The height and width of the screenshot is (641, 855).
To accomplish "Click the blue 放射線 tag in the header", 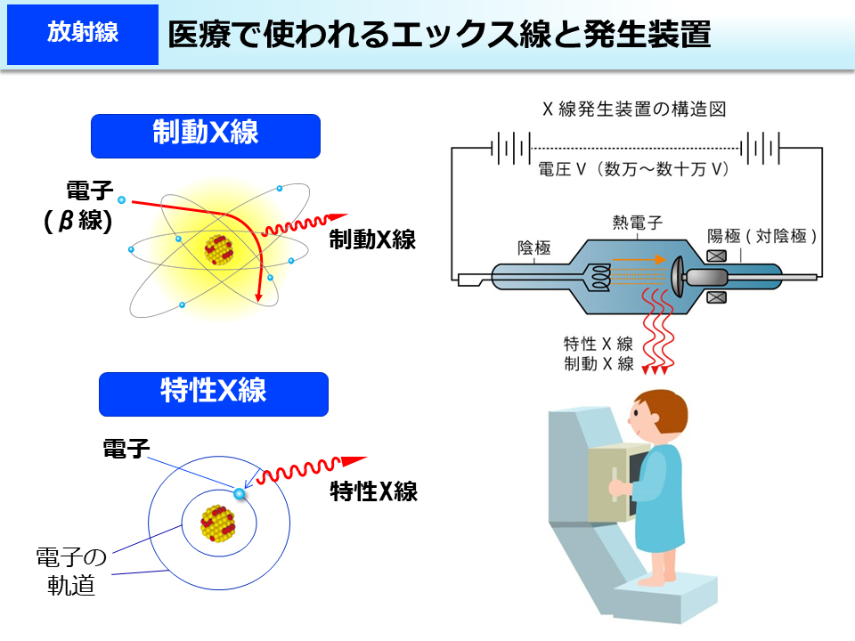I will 82,35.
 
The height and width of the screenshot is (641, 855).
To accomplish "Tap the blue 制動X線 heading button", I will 205,135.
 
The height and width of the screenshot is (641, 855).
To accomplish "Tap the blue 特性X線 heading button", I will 214,394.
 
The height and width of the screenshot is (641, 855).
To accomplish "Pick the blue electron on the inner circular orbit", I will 239,492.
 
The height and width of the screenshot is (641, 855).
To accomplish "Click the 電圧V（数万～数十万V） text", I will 634,168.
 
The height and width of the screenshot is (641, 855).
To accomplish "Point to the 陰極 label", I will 533,247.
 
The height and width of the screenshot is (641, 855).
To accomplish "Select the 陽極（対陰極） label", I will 761,236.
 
